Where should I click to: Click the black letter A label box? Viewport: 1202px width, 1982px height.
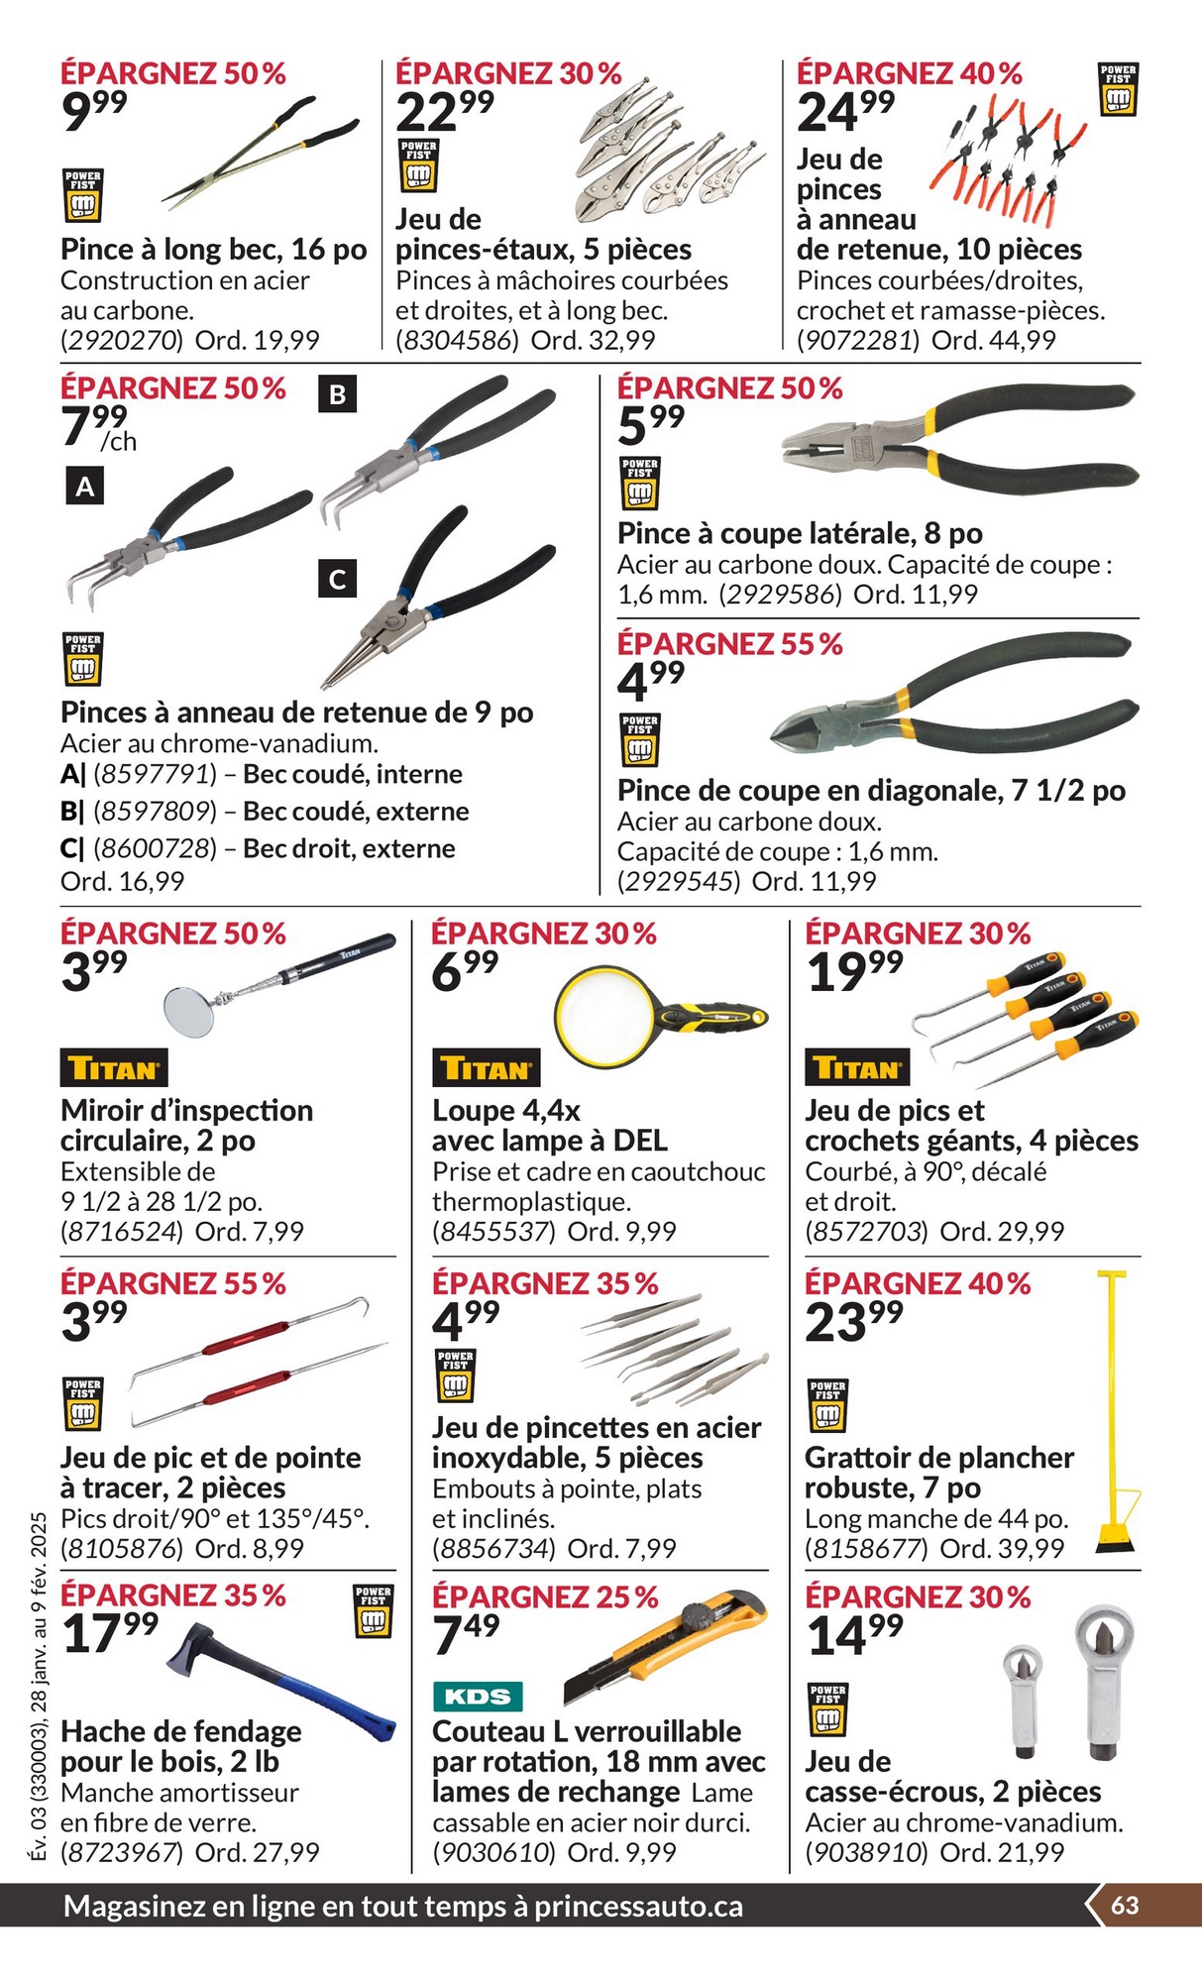(x=85, y=487)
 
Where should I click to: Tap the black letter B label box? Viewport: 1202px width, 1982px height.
(x=337, y=394)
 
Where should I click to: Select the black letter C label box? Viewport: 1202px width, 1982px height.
(x=337, y=579)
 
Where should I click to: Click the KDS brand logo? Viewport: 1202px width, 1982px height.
(x=477, y=1696)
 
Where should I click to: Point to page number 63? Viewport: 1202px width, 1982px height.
(x=1125, y=1906)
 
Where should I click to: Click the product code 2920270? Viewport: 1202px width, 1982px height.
(x=122, y=340)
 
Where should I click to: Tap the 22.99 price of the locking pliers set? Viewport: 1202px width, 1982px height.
(x=444, y=110)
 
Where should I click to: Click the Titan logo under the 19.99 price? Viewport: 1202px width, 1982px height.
(x=857, y=1067)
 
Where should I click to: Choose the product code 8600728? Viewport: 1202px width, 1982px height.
(x=155, y=848)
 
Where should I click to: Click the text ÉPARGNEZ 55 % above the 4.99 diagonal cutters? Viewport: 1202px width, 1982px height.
(x=729, y=644)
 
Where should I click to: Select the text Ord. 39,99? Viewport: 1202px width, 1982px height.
(x=1001, y=1548)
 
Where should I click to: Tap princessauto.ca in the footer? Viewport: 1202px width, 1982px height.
(x=638, y=1906)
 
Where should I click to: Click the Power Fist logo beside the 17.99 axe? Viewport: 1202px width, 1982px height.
(x=373, y=1609)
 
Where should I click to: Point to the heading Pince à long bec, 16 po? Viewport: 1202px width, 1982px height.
(x=213, y=249)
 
